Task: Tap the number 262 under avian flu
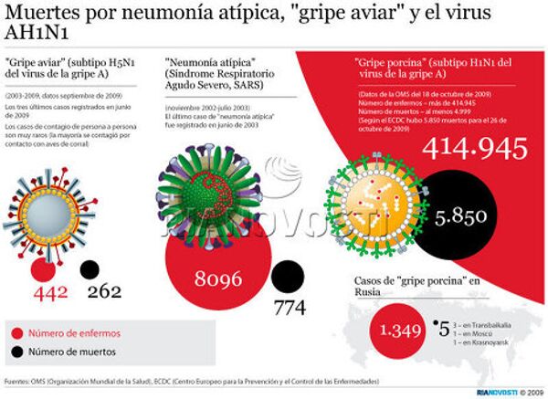(x=104, y=292)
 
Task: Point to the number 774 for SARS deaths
(x=290, y=309)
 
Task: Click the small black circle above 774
(x=289, y=277)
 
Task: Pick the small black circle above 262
(x=90, y=270)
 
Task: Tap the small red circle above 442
(x=41, y=270)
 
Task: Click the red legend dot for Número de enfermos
(x=17, y=333)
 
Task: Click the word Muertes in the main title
(x=42, y=16)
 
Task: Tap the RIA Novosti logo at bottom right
(x=494, y=392)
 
